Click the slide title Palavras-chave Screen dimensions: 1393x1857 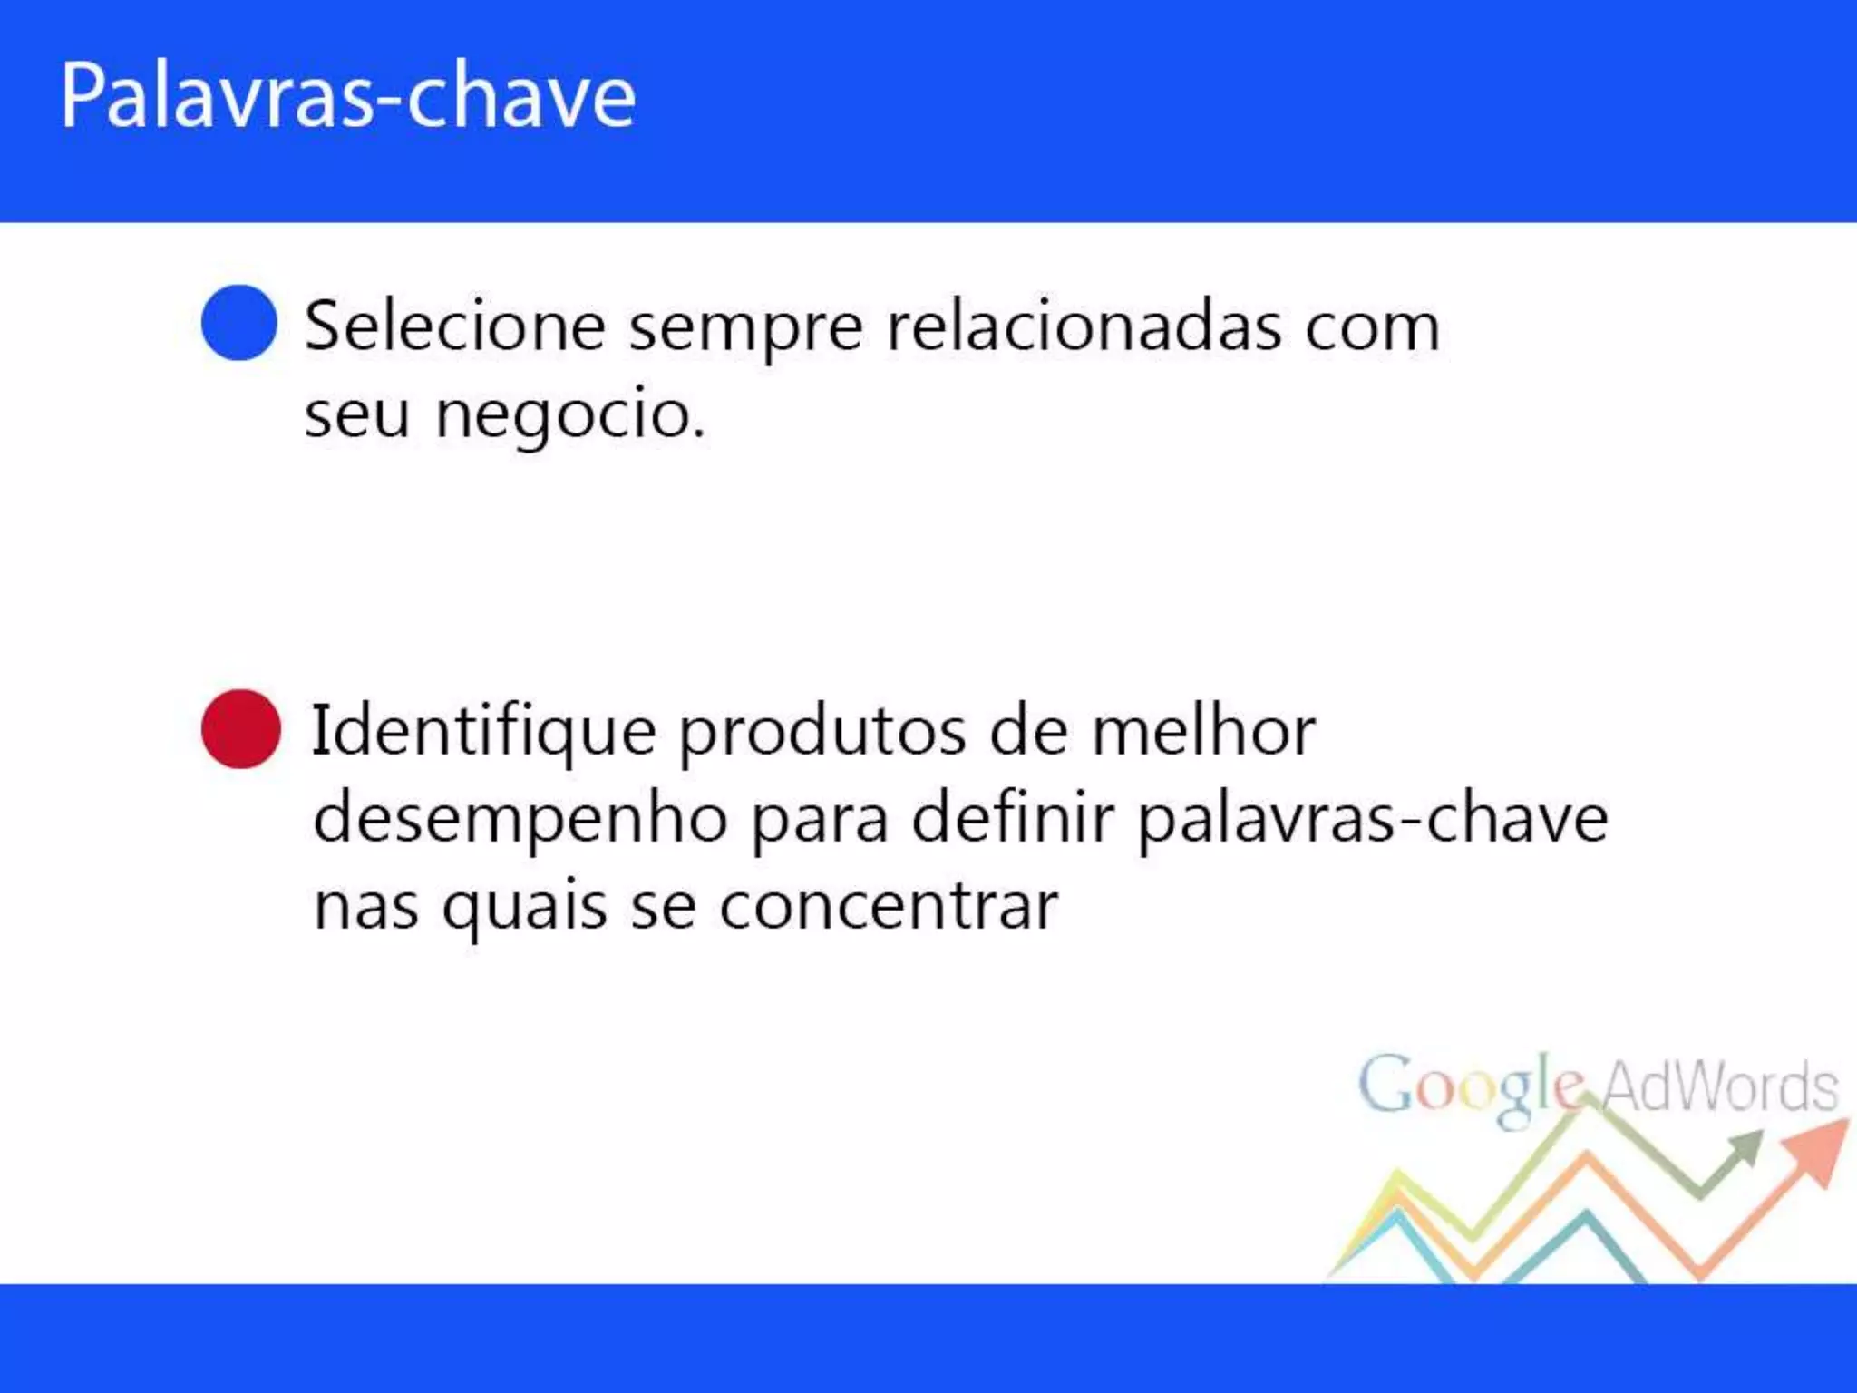pyautogui.click(x=348, y=96)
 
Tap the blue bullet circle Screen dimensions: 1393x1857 pyautogui.click(x=239, y=323)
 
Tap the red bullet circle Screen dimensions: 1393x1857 pyautogui.click(x=241, y=729)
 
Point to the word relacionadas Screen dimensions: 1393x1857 pyautogui.click(x=1084, y=326)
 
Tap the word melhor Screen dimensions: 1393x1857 pyautogui.click(x=1203, y=731)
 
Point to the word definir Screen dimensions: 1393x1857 pyautogui.click(x=1012, y=818)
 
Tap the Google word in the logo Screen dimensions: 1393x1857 pyautogui.click(x=1471, y=1086)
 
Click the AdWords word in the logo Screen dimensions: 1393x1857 pyautogui.click(x=1719, y=1086)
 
